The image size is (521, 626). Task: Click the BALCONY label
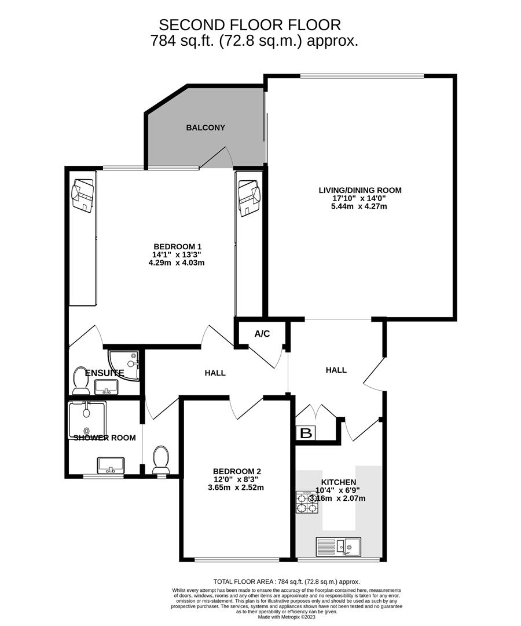[x=206, y=128]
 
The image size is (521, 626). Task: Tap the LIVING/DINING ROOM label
[x=359, y=190]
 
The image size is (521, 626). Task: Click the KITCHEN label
[x=339, y=482]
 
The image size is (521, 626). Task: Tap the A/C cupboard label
[x=262, y=334]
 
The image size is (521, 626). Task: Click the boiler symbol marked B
[x=306, y=433]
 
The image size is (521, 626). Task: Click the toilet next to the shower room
[x=160, y=459]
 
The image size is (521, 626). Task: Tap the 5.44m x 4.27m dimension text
[x=359, y=206]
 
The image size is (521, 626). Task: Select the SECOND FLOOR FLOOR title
[x=250, y=25]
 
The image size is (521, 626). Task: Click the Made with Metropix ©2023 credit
[x=287, y=617]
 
